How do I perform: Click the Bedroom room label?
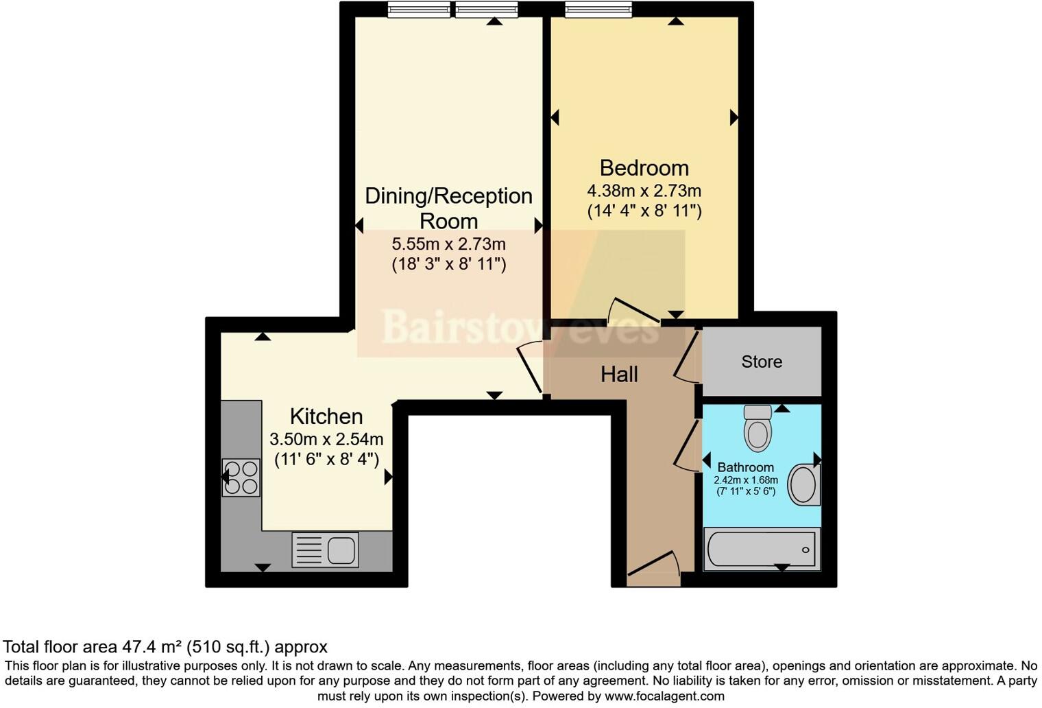[644, 168]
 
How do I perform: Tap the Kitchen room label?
[326, 416]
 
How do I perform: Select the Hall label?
[619, 375]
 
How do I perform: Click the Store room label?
[761, 362]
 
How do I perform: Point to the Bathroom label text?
[745, 467]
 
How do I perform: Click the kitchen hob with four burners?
[241, 477]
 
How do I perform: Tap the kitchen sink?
[326, 550]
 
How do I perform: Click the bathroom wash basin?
[803, 485]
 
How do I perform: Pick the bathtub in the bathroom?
[762, 549]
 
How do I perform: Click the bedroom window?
[598, 9]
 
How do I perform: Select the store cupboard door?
[686, 355]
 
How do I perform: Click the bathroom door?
[686, 446]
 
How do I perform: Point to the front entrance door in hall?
[654, 565]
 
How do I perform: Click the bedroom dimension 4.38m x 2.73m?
[644, 191]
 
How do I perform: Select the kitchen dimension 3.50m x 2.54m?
[326, 439]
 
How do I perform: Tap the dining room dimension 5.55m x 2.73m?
[448, 244]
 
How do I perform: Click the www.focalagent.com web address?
[662, 696]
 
